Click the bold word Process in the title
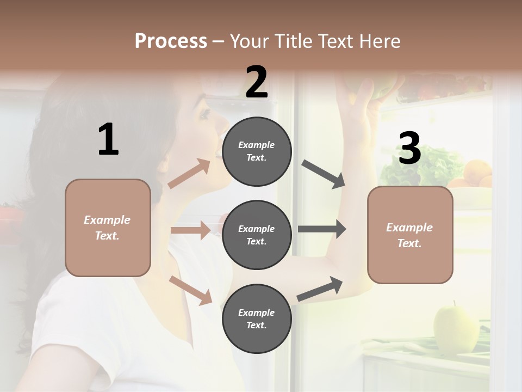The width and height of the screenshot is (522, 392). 171,41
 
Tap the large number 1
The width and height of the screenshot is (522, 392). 108,140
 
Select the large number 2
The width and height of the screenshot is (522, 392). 257,82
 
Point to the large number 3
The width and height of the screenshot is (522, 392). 409,148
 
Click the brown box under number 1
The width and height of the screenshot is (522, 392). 108,228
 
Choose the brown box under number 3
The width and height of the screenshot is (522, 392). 410,235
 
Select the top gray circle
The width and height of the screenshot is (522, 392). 257,151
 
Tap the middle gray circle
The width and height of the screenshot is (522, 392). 257,235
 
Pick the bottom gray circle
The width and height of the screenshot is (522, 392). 257,319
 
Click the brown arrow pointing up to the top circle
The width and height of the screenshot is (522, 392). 189,174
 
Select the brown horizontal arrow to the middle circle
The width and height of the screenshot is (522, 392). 190,230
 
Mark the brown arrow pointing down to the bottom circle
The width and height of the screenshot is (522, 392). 190,290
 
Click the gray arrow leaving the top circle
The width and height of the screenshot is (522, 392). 324,174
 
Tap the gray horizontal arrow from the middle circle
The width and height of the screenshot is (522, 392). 322,229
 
